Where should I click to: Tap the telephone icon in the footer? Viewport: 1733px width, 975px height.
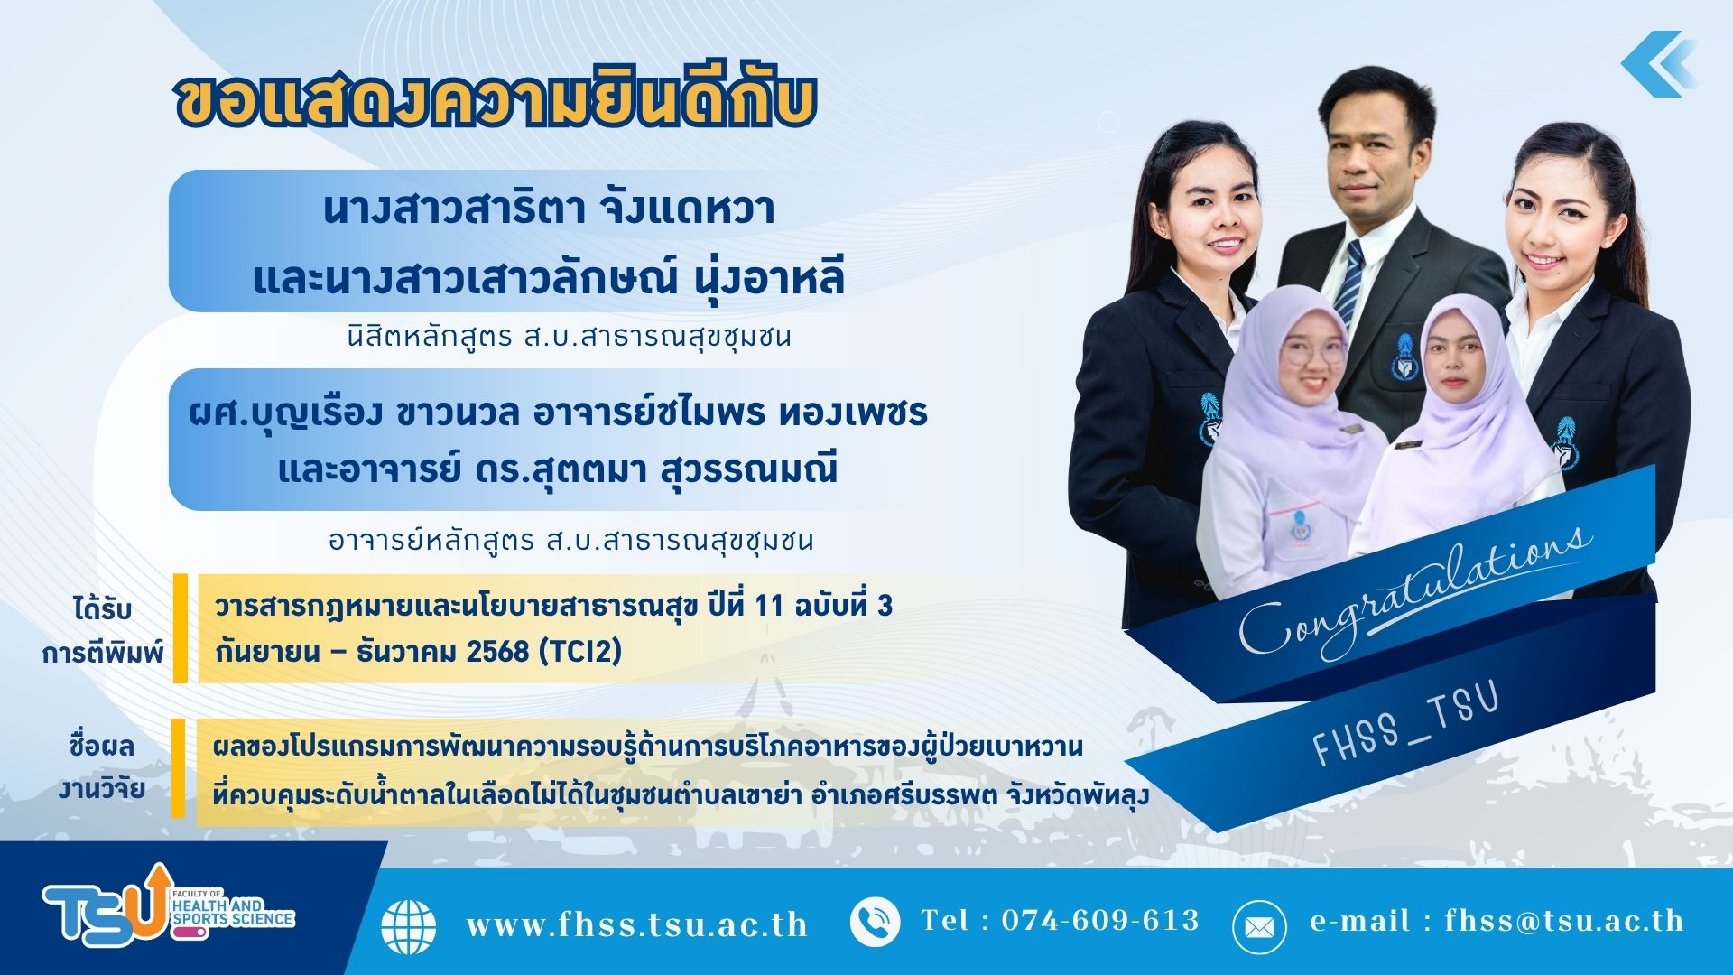click(875, 922)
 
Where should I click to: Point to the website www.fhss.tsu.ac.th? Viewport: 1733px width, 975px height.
click(636, 924)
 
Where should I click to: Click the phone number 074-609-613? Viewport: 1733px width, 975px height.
click(1100, 920)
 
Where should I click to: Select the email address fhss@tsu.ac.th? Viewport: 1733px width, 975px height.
click(1564, 920)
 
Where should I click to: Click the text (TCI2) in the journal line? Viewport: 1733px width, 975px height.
click(579, 651)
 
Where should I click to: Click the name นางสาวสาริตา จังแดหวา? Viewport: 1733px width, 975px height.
click(549, 209)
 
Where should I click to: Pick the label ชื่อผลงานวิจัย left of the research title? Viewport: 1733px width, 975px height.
click(102, 767)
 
